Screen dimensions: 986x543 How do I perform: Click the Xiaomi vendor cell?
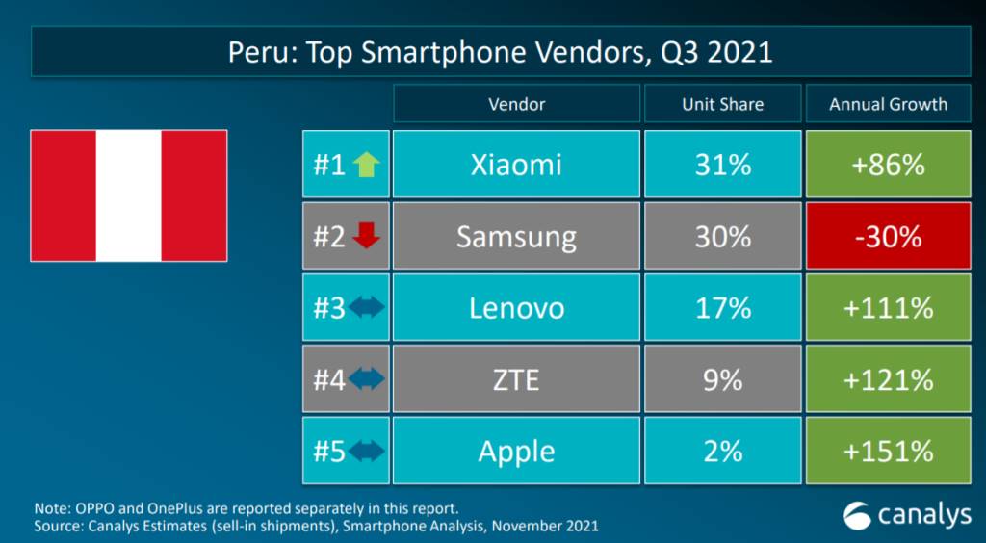coord(516,164)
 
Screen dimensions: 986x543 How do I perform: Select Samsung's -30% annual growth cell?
coord(888,236)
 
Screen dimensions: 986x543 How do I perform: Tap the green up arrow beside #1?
coord(366,166)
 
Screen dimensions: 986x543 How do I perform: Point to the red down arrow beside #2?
coord(366,237)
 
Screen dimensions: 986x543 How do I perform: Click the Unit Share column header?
coord(722,104)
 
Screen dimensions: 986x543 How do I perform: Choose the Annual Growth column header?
coord(888,104)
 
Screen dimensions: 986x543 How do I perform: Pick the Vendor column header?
coord(516,104)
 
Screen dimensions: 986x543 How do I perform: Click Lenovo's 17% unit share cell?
coord(722,307)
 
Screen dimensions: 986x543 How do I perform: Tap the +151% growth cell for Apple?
coord(888,451)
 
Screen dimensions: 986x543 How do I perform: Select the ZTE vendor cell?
coord(516,379)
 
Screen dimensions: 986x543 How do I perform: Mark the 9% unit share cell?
coord(722,379)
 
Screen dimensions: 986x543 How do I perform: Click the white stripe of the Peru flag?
coord(128,195)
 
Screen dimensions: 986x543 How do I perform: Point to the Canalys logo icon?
coord(857,515)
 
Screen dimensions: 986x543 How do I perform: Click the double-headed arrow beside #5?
coord(366,452)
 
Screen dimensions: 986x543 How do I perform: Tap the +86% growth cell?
coord(888,164)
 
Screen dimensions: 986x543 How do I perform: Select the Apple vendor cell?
coord(516,451)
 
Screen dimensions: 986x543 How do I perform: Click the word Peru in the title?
coord(258,53)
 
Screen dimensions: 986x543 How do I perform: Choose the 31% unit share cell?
coord(722,164)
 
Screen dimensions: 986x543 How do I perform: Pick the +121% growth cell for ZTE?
coord(888,379)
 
